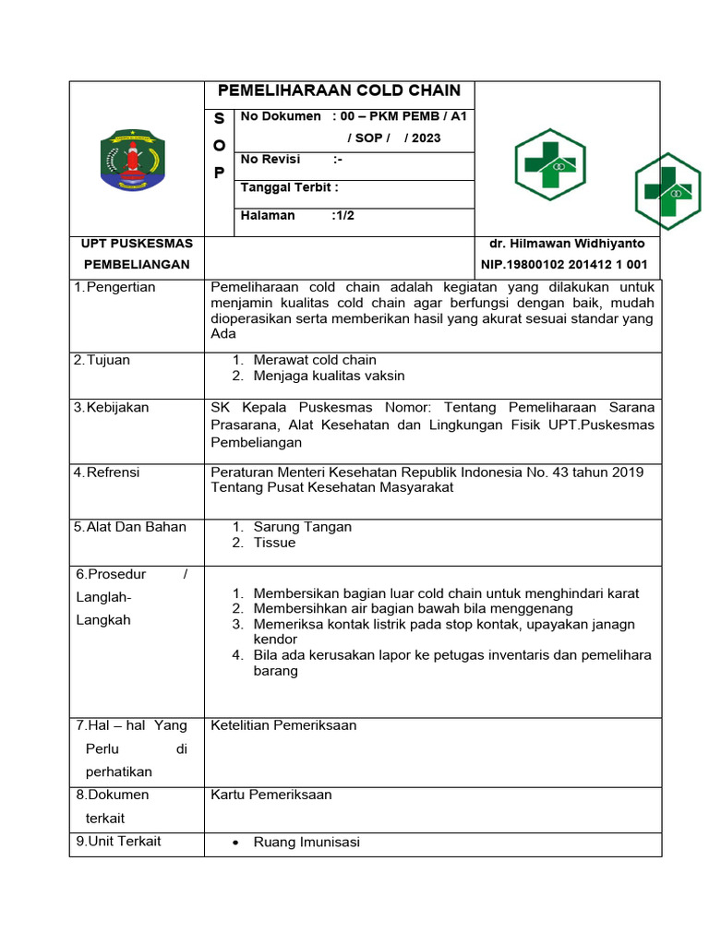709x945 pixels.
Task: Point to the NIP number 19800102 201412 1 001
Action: pyautogui.click(x=564, y=265)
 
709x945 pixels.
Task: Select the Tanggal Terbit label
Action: pyautogui.click(x=289, y=187)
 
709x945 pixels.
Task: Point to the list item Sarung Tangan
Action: pyautogui.click(x=302, y=527)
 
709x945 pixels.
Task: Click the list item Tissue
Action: pyautogui.click(x=274, y=543)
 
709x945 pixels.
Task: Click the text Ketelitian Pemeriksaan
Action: pyautogui.click(x=283, y=725)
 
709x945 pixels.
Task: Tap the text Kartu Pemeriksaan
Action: pyautogui.click(x=271, y=795)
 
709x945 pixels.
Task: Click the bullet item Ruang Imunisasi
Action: pyautogui.click(x=306, y=842)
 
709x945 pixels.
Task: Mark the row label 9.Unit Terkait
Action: pyautogui.click(x=118, y=841)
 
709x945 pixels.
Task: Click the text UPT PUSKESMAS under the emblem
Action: pyautogui.click(x=137, y=244)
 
